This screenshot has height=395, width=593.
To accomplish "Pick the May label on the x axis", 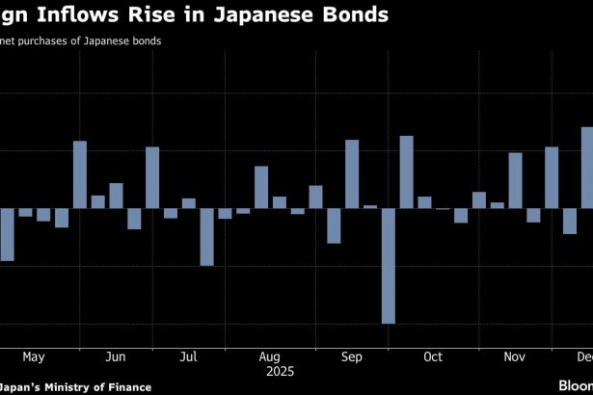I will [x=33, y=357].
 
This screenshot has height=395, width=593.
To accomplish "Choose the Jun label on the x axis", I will [x=115, y=357].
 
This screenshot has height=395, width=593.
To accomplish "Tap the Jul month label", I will [x=189, y=357].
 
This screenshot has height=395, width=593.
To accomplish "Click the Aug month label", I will [x=271, y=357].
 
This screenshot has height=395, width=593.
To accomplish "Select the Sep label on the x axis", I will [x=352, y=357].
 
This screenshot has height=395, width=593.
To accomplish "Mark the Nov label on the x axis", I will [x=514, y=357].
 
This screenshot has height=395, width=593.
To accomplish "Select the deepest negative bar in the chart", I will [x=389, y=265].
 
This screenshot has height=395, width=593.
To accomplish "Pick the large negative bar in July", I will [x=206, y=236].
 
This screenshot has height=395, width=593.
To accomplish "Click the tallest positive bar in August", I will [x=261, y=187].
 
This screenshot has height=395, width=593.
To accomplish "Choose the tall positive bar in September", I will [x=352, y=173].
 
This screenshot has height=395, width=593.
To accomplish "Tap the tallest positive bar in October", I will [x=406, y=171].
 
